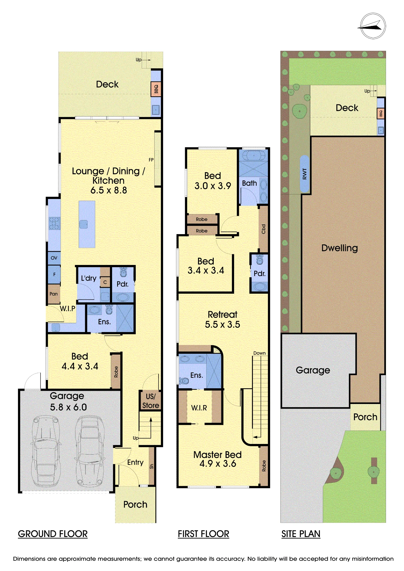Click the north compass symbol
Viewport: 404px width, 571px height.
click(373, 26)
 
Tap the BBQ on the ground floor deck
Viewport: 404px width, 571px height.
click(156, 89)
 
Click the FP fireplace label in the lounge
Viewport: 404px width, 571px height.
click(151, 160)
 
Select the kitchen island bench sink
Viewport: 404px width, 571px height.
click(83, 224)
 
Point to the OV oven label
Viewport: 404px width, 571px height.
click(54, 258)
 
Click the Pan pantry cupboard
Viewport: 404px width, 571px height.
click(54, 294)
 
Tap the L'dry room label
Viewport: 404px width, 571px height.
click(89, 278)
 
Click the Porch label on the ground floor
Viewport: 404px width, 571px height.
click(135, 504)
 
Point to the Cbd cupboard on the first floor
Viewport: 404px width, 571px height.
click(263, 229)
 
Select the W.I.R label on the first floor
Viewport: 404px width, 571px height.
click(199, 408)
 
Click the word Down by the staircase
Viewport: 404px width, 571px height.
click(259, 353)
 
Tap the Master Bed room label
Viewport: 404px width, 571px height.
click(217, 455)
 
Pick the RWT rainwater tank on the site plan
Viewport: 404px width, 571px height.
click(305, 174)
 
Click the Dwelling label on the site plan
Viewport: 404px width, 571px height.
click(339, 248)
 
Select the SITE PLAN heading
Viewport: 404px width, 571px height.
click(301, 534)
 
